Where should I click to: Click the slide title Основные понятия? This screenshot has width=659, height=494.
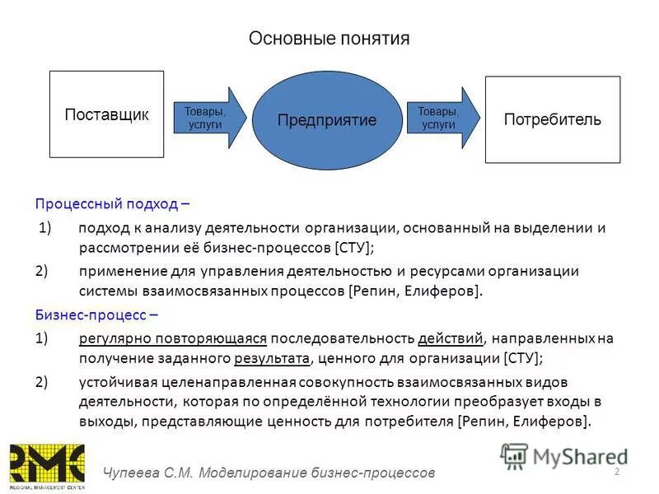click(329, 39)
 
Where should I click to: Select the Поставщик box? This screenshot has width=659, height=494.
click(106, 114)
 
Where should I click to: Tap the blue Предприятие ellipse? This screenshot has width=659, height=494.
click(326, 119)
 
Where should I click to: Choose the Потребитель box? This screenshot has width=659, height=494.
click(552, 119)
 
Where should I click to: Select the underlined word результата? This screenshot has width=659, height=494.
click(273, 357)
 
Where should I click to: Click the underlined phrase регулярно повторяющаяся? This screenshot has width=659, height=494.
click(173, 338)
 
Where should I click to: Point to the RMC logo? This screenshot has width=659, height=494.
click(46, 466)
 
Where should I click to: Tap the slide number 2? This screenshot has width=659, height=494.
click(617, 470)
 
